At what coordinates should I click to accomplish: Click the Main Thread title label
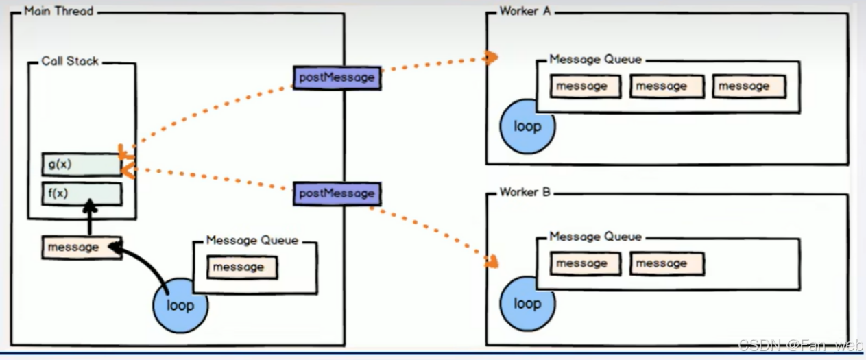tap(58, 12)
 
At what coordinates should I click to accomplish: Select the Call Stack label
tap(70, 61)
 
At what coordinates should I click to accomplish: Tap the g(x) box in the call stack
tap(82, 165)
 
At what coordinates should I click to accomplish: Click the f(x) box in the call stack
tap(82, 193)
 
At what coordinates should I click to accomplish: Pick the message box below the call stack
tap(82, 247)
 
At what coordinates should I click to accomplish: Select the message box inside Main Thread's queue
tap(243, 267)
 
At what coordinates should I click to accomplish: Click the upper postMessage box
tap(337, 77)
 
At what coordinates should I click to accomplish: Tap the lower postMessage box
tap(337, 193)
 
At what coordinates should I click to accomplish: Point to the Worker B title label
tap(525, 192)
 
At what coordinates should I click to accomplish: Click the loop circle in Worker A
tap(527, 126)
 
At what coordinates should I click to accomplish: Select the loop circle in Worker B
tap(527, 303)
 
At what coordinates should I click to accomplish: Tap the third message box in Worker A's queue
tap(748, 86)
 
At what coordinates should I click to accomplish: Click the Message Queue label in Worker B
tap(595, 237)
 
